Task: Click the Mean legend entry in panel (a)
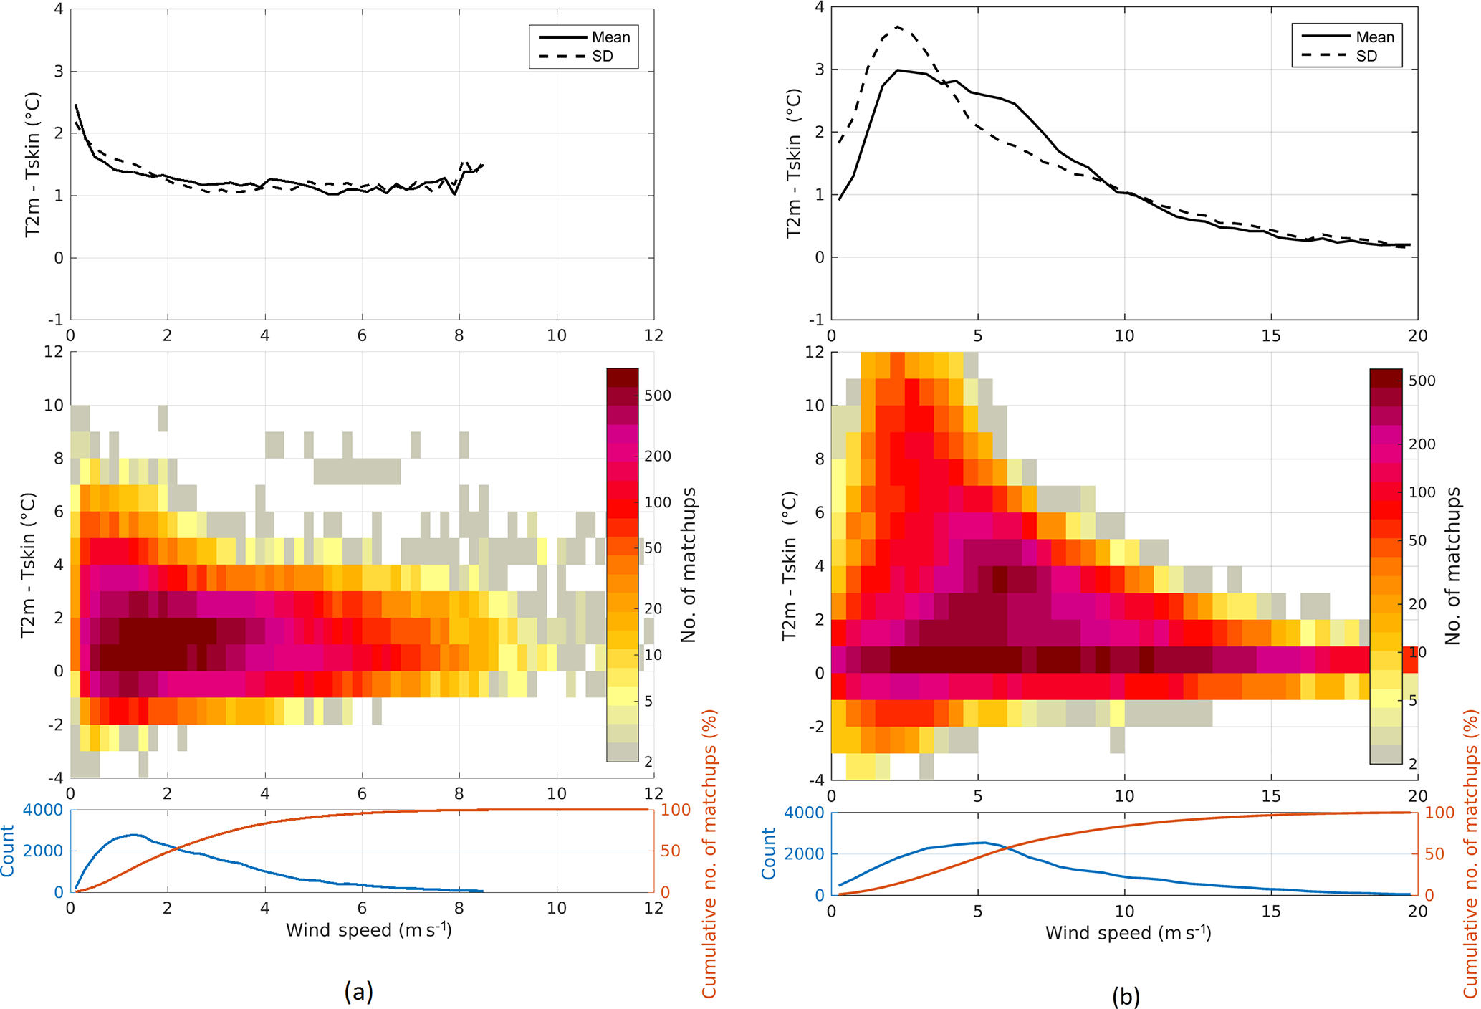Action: [x=610, y=37]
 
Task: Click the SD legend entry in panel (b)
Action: [x=1366, y=56]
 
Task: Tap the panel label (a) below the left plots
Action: [x=358, y=991]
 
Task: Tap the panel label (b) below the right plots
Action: [x=1126, y=995]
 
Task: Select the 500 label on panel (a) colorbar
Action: [x=658, y=396]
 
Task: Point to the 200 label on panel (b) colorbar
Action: [x=1422, y=444]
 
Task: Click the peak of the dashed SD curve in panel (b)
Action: [x=897, y=27]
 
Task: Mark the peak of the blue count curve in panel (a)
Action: [x=133, y=835]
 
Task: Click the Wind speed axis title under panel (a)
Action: [x=368, y=930]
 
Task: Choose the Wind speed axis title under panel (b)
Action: [x=1128, y=933]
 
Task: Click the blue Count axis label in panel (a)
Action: [x=8, y=851]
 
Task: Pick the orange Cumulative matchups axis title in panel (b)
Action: [x=1470, y=853]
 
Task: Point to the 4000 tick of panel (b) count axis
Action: [x=804, y=813]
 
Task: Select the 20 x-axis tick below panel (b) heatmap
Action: [x=1417, y=796]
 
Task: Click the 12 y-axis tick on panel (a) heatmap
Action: [x=54, y=352]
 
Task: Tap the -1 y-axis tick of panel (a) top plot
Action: [x=55, y=320]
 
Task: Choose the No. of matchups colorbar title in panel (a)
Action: [x=689, y=565]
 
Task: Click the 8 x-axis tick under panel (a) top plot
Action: [x=459, y=335]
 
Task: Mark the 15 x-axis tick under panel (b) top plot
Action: [x=1271, y=335]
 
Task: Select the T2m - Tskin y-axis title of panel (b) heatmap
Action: [x=790, y=566]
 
